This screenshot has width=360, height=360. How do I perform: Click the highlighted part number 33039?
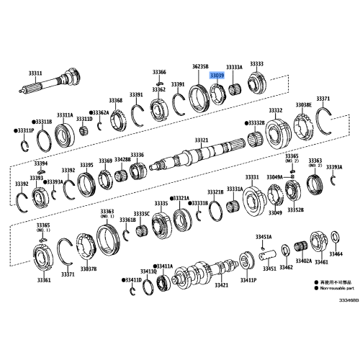[x=217, y=75]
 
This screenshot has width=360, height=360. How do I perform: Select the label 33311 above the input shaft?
[x=35, y=73]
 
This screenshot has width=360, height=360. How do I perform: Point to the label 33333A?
[x=235, y=66]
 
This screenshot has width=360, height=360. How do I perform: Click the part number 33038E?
[x=302, y=104]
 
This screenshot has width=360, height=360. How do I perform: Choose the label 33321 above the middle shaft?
[x=202, y=140]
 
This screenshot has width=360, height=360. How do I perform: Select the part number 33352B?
[x=295, y=210]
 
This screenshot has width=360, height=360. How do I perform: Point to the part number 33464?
[x=336, y=254]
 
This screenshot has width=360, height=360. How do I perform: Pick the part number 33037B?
[x=88, y=267]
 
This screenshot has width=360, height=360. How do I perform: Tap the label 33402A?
[x=303, y=261]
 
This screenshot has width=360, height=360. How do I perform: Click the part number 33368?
[x=116, y=100]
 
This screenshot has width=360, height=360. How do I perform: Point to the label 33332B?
[x=256, y=123]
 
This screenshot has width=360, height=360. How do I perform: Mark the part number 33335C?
[x=143, y=214]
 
